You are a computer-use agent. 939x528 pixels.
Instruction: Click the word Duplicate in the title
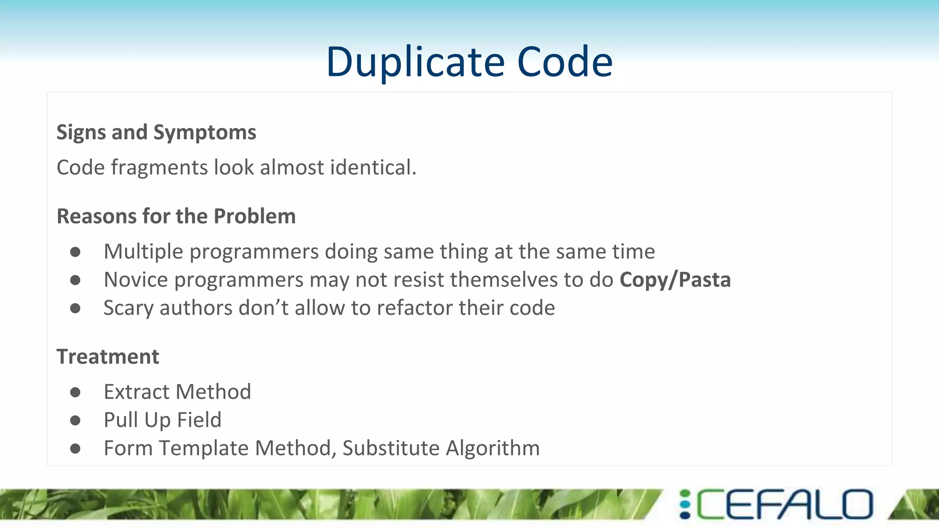coord(415,62)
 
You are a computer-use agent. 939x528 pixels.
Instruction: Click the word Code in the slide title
coord(564,62)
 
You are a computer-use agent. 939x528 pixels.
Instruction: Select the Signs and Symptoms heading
coord(156,132)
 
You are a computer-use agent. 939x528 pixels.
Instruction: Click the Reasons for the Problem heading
coord(176,216)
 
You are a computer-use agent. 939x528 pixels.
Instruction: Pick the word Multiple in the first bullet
coord(144,252)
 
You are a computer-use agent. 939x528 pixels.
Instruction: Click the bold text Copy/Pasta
coord(675,280)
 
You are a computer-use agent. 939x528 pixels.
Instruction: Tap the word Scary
coord(128,308)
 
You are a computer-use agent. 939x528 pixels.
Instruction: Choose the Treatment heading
coord(108,357)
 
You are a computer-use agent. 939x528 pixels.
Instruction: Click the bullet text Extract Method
coord(177,392)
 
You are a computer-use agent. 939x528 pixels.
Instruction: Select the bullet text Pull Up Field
coord(162,420)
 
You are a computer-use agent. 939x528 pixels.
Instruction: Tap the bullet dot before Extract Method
coord(76,392)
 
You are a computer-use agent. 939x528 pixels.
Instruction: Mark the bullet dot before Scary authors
coord(76,308)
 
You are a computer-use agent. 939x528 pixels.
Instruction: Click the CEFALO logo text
coord(784,505)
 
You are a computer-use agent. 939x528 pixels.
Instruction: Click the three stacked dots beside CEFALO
coord(685,505)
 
